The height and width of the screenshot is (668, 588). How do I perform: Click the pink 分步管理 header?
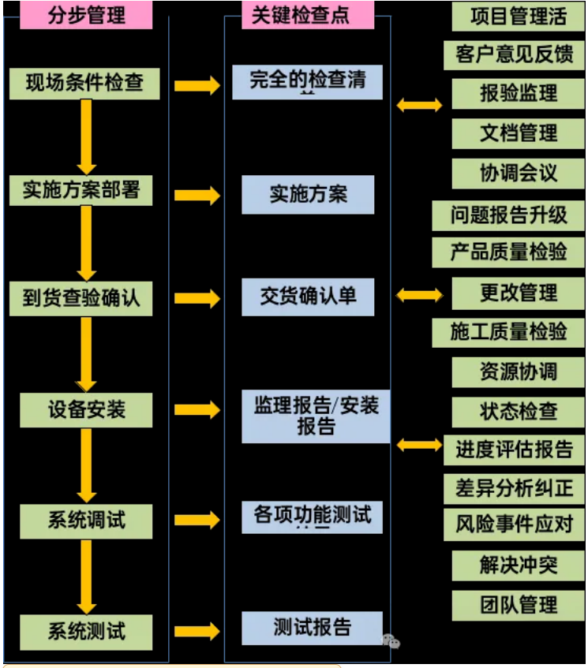click(x=88, y=15)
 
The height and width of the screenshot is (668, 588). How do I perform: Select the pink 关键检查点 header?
click(x=300, y=15)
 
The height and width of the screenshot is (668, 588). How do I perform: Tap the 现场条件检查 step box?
click(x=85, y=83)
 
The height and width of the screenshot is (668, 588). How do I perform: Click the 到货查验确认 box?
click(x=82, y=298)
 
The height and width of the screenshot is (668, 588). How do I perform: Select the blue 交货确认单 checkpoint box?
click(x=308, y=296)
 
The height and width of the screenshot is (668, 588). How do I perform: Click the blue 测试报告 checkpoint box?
click(x=313, y=628)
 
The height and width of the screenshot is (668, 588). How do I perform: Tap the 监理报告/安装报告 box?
click(x=316, y=416)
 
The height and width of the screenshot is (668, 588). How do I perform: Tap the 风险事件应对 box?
click(x=514, y=524)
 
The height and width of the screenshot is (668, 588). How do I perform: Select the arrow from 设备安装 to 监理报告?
click(x=197, y=410)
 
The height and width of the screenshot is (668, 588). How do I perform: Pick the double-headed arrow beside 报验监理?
click(x=419, y=104)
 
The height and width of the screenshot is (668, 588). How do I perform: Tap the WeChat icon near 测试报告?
click(x=391, y=641)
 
